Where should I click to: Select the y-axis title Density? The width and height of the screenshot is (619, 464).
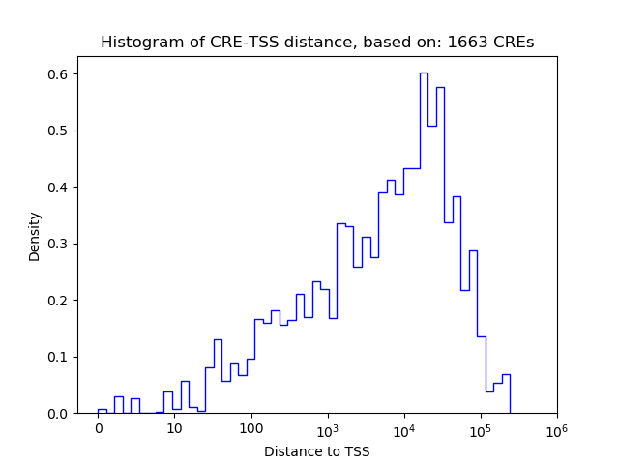pyautogui.click(x=35, y=236)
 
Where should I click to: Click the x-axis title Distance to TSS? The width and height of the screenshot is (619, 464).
pyautogui.click(x=317, y=450)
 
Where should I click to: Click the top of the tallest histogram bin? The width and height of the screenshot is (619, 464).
pyautogui.click(x=424, y=72)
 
